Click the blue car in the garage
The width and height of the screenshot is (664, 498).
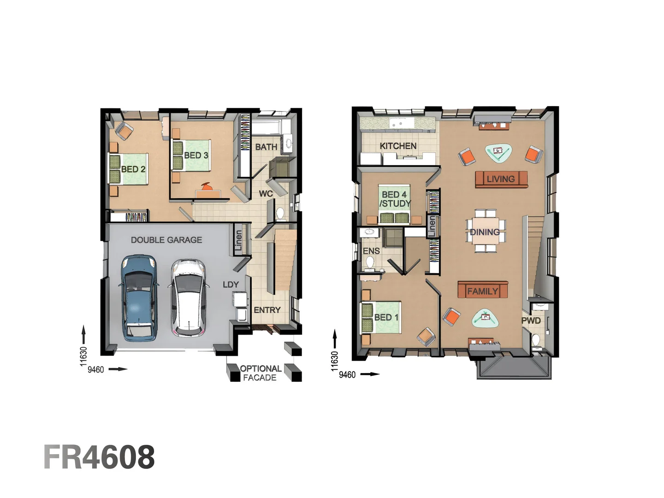[139, 298]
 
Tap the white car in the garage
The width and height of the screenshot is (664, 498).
[188, 297]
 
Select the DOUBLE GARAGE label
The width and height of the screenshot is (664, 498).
[166, 240]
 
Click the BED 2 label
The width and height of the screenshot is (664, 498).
[133, 169]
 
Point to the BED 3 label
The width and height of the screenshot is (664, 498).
[196, 155]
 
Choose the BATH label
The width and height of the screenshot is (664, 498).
[266, 147]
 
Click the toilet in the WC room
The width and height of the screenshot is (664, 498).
[280, 214]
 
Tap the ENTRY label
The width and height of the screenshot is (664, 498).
[267, 310]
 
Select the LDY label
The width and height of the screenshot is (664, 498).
[231, 285]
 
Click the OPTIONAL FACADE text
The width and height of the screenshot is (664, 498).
[260, 373]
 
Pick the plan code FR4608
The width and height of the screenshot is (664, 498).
[99, 457]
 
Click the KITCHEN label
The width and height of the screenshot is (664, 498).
[398, 146]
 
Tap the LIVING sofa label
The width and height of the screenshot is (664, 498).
[501, 179]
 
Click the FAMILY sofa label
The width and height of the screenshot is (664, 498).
[482, 291]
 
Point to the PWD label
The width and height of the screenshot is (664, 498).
[531, 320]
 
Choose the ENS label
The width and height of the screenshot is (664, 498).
[371, 251]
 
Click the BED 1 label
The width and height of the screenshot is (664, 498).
[386, 317]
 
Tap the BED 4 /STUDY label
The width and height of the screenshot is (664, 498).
[395, 199]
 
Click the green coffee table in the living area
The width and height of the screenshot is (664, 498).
[498, 152]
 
